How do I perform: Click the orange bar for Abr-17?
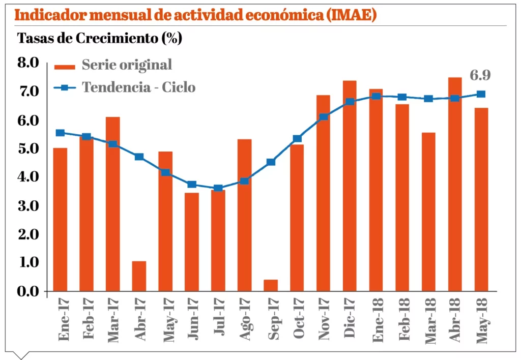(139, 276)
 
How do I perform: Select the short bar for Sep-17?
(271, 285)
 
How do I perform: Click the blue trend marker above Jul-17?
(218, 188)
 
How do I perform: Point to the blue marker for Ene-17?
(60, 133)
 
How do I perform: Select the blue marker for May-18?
(481, 94)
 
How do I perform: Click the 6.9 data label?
(480, 76)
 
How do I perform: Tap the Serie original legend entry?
(127, 65)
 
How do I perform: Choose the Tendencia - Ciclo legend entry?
(138, 87)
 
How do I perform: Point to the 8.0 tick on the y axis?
(28, 63)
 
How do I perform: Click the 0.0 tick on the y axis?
(28, 291)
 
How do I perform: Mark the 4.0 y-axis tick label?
(28, 177)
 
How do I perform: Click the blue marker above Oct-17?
(297, 139)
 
